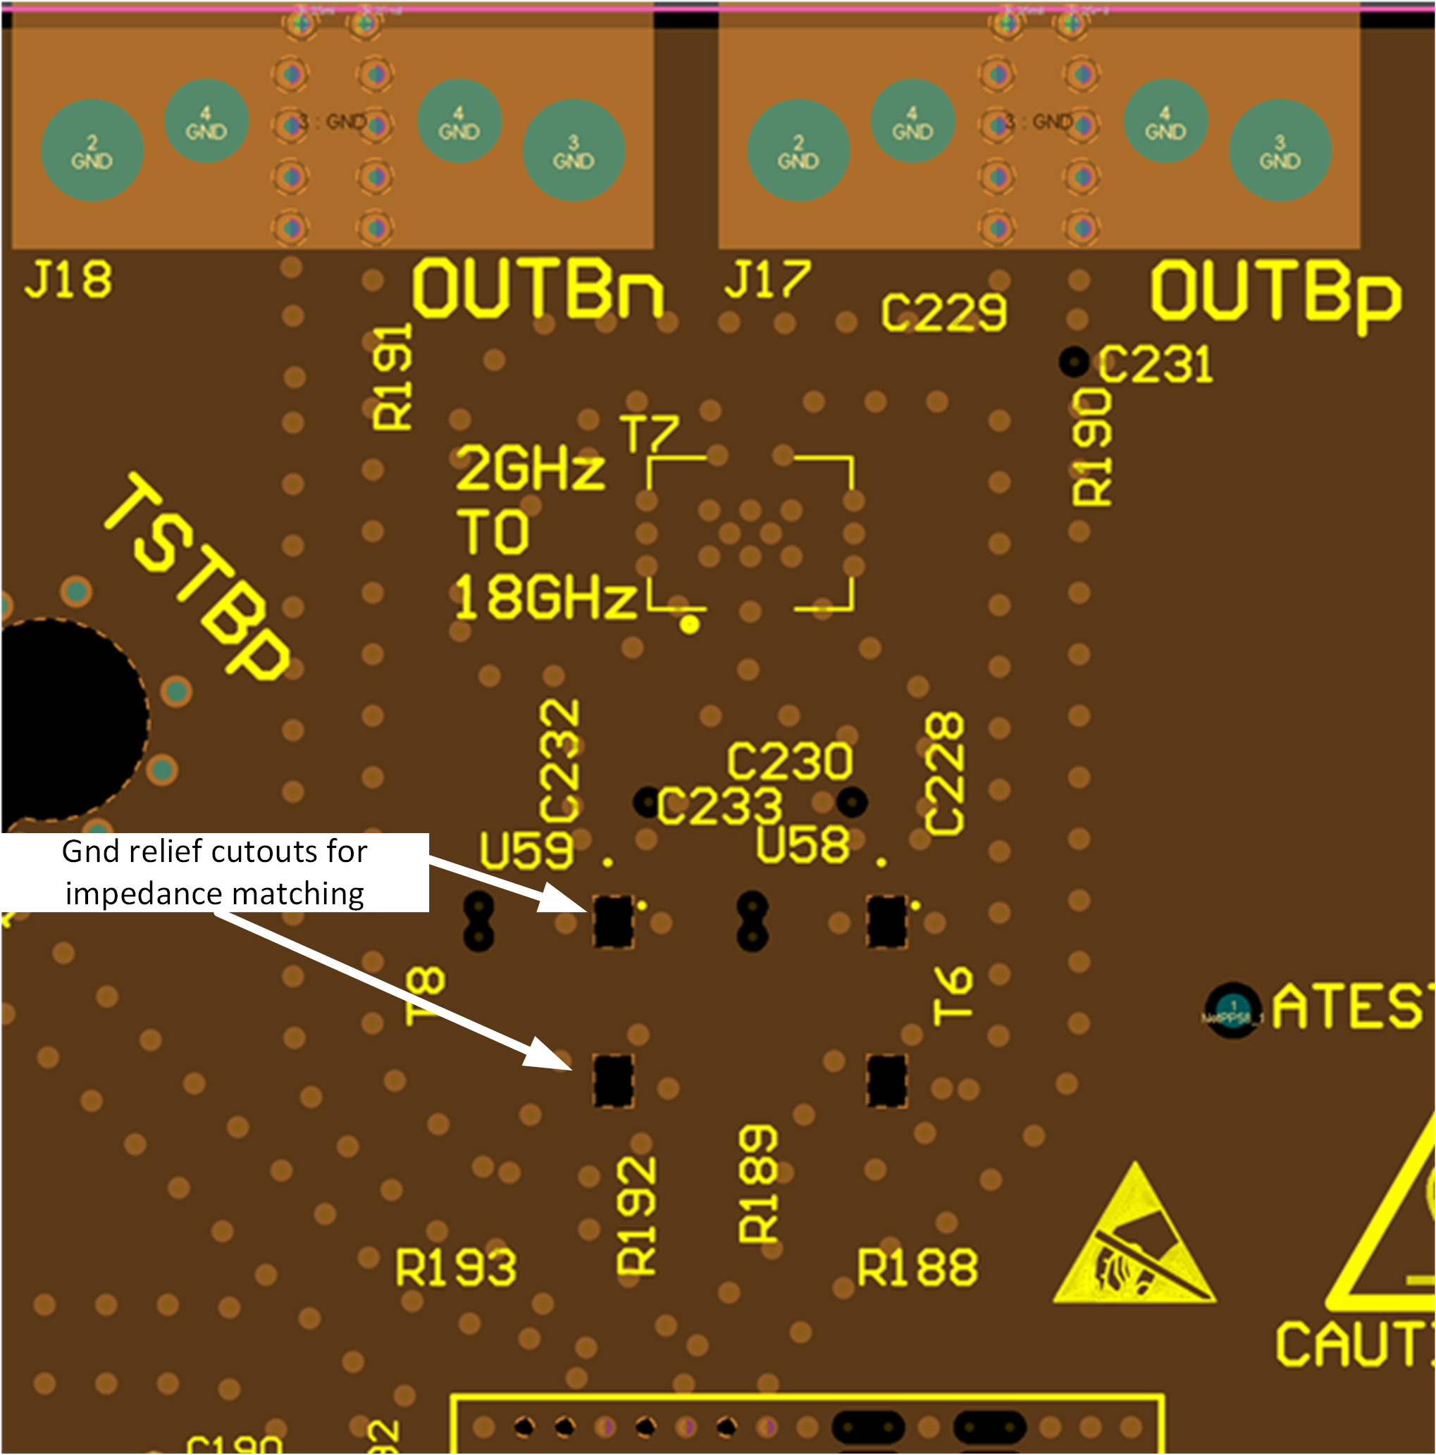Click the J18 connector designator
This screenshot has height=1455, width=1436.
tap(68, 280)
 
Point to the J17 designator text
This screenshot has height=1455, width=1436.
tap(767, 280)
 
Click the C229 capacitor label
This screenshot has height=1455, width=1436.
tap(943, 313)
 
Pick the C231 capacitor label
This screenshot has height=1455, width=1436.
tap(1155, 365)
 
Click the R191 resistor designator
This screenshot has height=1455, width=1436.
tap(392, 377)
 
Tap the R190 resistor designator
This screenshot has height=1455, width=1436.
tap(1091, 447)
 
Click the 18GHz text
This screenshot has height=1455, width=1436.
tap(545, 597)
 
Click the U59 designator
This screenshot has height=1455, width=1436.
tap(526, 851)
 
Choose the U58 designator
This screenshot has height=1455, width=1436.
tap(803, 844)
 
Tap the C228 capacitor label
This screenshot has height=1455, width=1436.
tap(944, 774)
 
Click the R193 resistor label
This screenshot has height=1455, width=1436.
tap(456, 1268)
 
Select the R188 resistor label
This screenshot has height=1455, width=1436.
tap(917, 1268)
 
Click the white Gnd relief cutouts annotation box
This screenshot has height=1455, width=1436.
tap(215, 872)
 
